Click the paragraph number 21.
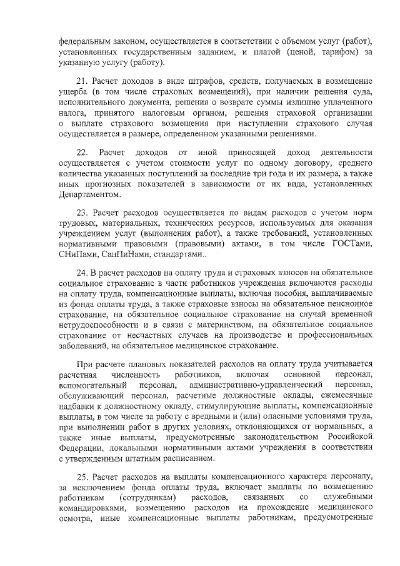(x=81, y=81)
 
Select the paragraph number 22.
(x=81, y=152)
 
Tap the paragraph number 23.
(x=81, y=212)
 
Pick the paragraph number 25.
(x=81, y=477)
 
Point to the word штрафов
(x=192, y=81)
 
